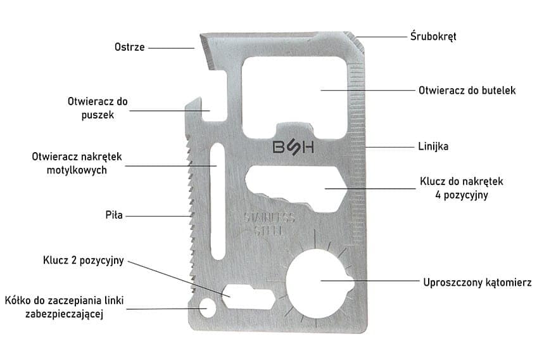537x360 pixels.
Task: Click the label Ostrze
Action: [x=129, y=47]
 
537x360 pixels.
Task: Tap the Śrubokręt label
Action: [x=433, y=36]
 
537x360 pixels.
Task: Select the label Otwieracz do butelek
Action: [x=467, y=91]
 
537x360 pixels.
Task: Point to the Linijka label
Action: [x=434, y=146]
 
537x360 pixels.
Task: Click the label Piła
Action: [x=115, y=215]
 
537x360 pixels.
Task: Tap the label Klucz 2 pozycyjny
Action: [x=84, y=260]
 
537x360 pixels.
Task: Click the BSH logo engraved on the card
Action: [x=293, y=147]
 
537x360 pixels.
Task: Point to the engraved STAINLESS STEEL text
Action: [x=270, y=224]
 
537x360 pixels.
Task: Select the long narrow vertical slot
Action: [x=217, y=202]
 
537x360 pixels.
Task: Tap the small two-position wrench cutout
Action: [x=248, y=295]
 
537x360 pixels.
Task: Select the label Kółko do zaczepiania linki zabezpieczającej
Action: [x=54, y=306]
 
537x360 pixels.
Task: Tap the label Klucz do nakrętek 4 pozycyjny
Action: [x=461, y=188]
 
